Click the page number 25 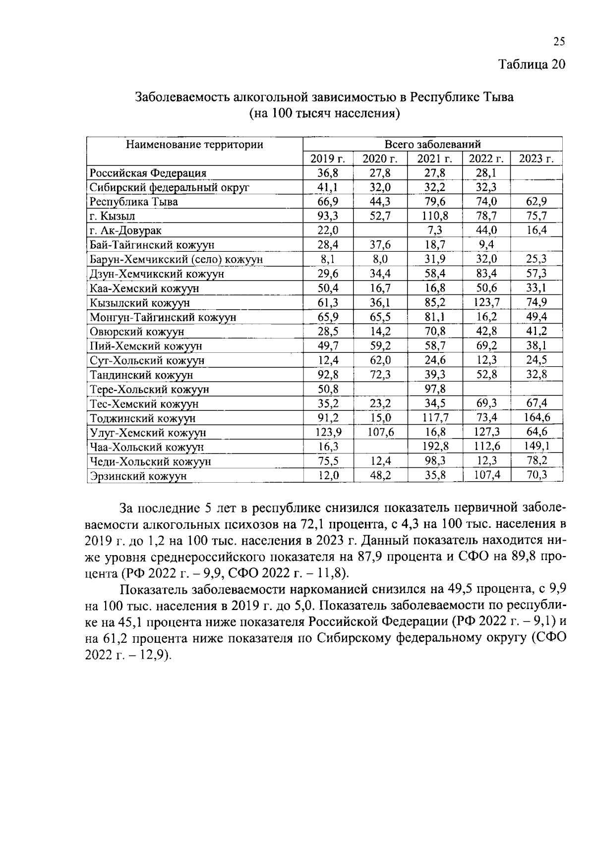(559, 42)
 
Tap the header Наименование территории (194, 145)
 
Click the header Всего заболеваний (432, 145)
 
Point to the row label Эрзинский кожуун (138, 476)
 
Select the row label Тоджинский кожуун (143, 419)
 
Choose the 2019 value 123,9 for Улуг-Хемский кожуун (328, 432)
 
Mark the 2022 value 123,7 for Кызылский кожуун (486, 302)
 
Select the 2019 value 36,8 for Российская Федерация (328, 173)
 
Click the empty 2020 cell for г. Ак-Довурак (380, 230)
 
